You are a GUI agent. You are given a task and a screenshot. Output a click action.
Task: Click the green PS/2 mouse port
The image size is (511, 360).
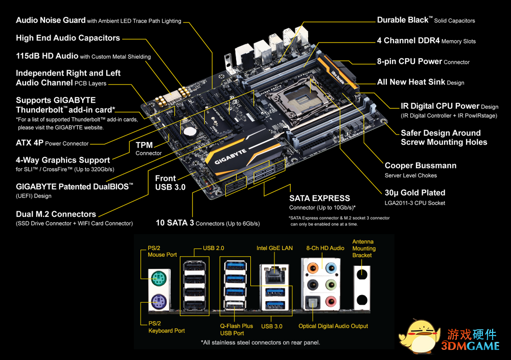coord(157,279)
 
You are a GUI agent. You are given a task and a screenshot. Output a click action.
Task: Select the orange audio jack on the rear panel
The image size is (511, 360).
coord(312,266)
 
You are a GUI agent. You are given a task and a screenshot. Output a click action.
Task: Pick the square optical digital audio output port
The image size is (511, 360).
coord(311,303)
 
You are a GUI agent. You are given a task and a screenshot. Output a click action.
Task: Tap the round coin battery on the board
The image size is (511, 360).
coord(190,130)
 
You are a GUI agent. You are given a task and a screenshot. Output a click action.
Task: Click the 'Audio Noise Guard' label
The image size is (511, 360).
coord(51,20)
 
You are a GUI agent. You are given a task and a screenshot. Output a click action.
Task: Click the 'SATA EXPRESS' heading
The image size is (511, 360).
coord(319,198)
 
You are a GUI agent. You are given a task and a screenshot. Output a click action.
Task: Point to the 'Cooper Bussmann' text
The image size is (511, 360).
coord(421,166)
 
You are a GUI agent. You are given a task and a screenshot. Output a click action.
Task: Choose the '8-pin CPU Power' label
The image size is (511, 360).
coord(409,61)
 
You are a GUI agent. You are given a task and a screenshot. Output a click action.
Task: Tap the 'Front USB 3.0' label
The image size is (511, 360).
coord(170,183)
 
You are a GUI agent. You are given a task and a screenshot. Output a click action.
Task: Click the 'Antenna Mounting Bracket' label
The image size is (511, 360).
coord(363,248)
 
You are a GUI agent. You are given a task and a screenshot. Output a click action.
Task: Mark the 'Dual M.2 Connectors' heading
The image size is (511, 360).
coord(56,214)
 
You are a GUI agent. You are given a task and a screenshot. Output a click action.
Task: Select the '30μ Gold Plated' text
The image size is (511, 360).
coord(415,193)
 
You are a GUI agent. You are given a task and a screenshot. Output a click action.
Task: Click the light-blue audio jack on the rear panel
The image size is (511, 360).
coord(332,266)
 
